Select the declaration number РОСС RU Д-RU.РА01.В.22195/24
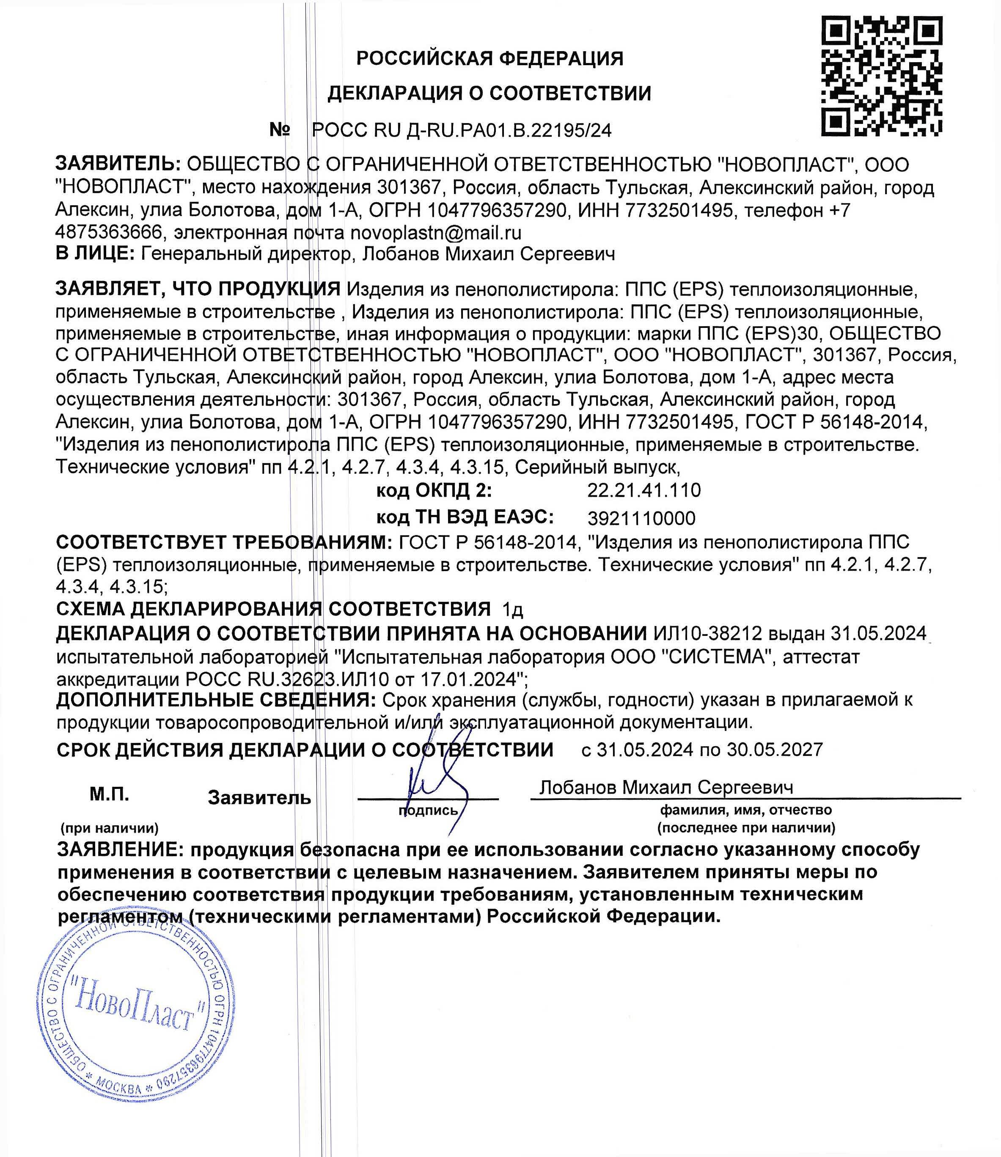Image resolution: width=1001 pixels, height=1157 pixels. pos(462,131)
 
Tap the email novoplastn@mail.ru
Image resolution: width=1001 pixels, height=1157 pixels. pos(436,232)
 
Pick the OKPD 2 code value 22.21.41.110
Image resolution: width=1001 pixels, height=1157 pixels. pos(643,490)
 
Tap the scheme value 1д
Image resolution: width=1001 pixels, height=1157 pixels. pos(513,609)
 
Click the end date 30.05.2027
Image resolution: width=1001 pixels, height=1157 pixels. pos(775,749)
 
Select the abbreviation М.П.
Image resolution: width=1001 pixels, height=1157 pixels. pos(110,794)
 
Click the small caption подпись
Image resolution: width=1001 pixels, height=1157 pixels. pos(428,810)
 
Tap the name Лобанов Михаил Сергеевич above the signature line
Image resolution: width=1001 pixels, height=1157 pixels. pos(666,787)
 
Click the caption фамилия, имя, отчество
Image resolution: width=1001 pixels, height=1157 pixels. pos(746,810)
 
